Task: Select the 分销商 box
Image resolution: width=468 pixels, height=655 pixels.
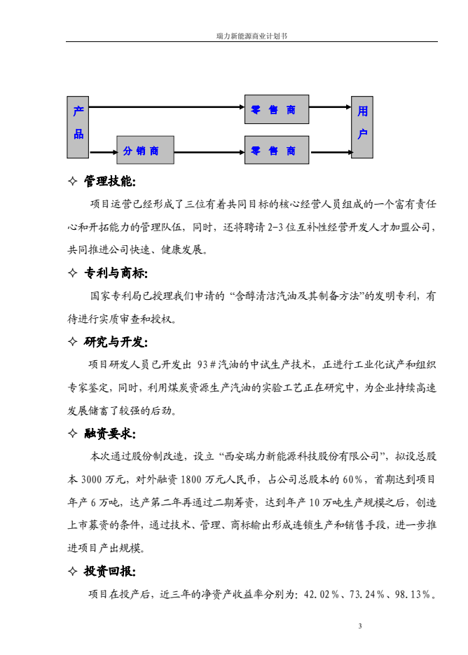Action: tap(145, 150)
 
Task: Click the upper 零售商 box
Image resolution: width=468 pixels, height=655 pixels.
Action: tap(277, 110)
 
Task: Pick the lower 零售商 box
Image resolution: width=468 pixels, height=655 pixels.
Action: tap(277, 150)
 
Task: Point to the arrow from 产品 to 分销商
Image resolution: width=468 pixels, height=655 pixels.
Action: tap(102, 150)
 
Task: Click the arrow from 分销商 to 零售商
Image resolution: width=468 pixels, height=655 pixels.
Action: tap(209, 150)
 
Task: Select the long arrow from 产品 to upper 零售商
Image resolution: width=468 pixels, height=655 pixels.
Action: tap(167, 107)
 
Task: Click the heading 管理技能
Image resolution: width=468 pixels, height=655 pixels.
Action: tap(110, 181)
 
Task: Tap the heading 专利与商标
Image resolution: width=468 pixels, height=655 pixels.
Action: tap(116, 273)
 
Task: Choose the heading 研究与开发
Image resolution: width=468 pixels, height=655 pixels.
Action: tap(116, 342)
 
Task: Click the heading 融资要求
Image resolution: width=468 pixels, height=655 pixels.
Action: tap(110, 433)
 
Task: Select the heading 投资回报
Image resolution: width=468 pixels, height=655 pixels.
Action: tap(110, 572)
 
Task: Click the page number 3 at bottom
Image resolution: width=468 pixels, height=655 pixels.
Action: tap(359, 626)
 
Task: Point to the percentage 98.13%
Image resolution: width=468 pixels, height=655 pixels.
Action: tap(412, 595)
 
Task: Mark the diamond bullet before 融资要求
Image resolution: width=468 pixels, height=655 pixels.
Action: tap(71, 433)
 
